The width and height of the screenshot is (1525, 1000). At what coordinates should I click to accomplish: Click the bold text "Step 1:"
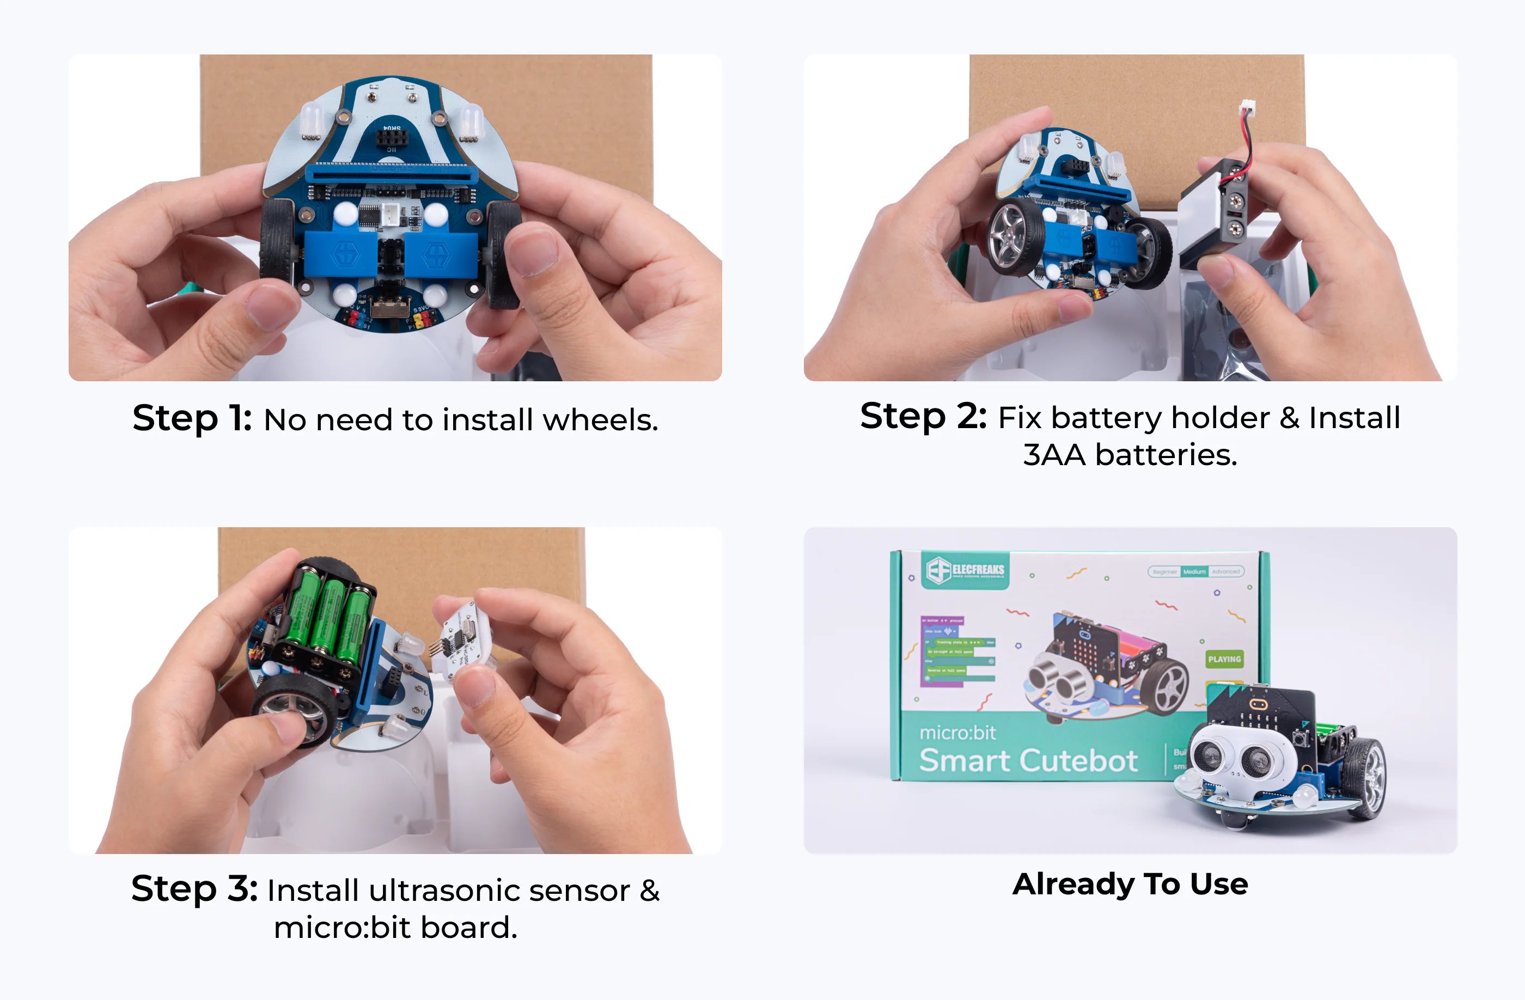[192, 418]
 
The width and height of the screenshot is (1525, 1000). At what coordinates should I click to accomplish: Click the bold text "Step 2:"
[923, 417]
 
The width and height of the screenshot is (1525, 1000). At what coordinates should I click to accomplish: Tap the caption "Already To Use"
[1130, 884]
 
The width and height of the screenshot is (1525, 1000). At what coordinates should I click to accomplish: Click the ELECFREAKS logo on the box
[966, 570]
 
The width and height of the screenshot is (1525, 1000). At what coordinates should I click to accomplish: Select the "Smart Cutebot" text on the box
[1028, 761]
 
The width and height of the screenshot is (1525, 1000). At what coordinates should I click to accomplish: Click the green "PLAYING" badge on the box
[1224, 659]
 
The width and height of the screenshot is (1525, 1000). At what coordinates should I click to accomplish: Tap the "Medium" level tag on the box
[1194, 571]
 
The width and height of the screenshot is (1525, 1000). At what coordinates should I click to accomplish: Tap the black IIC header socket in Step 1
[391, 137]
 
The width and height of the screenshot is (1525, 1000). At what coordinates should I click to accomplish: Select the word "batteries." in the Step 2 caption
[1166, 455]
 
